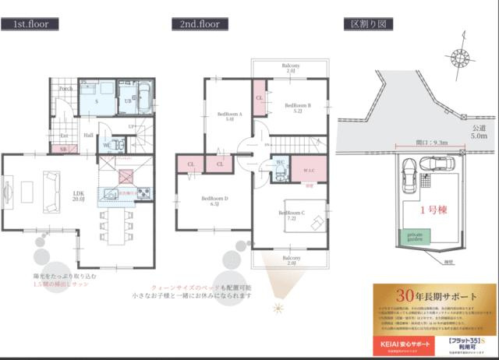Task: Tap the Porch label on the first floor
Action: [x=65, y=88]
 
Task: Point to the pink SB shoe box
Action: [x=63, y=148]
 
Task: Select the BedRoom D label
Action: [x=214, y=200]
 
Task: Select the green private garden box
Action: [x=412, y=236]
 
